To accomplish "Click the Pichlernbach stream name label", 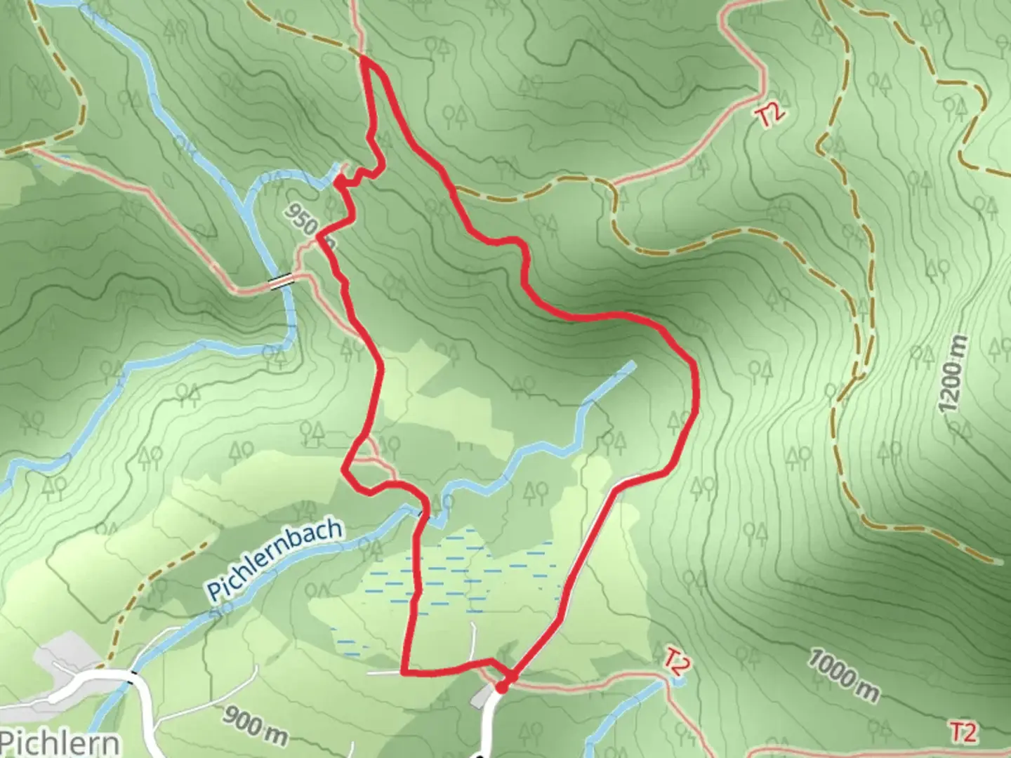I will tap(276, 559).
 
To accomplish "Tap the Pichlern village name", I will tap(60, 741).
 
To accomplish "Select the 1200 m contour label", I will tap(952, 375).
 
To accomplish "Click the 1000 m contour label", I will tap(842, 674).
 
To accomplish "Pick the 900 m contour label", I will tap(256, 725).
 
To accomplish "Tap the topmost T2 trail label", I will tap(771, 115).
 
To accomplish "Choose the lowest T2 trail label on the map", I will tap(963, 731).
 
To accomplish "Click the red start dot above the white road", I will tap(501, 688).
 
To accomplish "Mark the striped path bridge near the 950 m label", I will tap(282, 281).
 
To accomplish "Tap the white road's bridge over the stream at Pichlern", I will tap(133, 675).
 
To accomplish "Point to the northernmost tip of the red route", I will tap(366, 62).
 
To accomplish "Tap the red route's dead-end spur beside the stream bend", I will tap(339, 181).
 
